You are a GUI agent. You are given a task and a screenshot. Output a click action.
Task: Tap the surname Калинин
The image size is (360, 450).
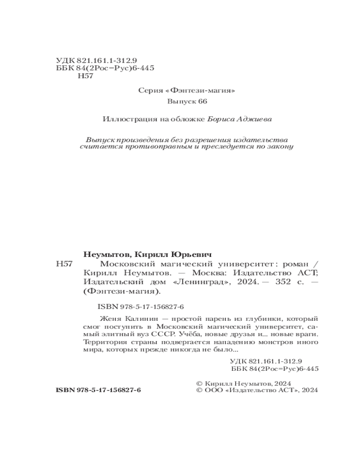pyautogui.click(x=132, y=318)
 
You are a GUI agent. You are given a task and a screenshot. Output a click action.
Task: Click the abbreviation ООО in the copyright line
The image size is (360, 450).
pyautogui.click(x=211, y=391)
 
